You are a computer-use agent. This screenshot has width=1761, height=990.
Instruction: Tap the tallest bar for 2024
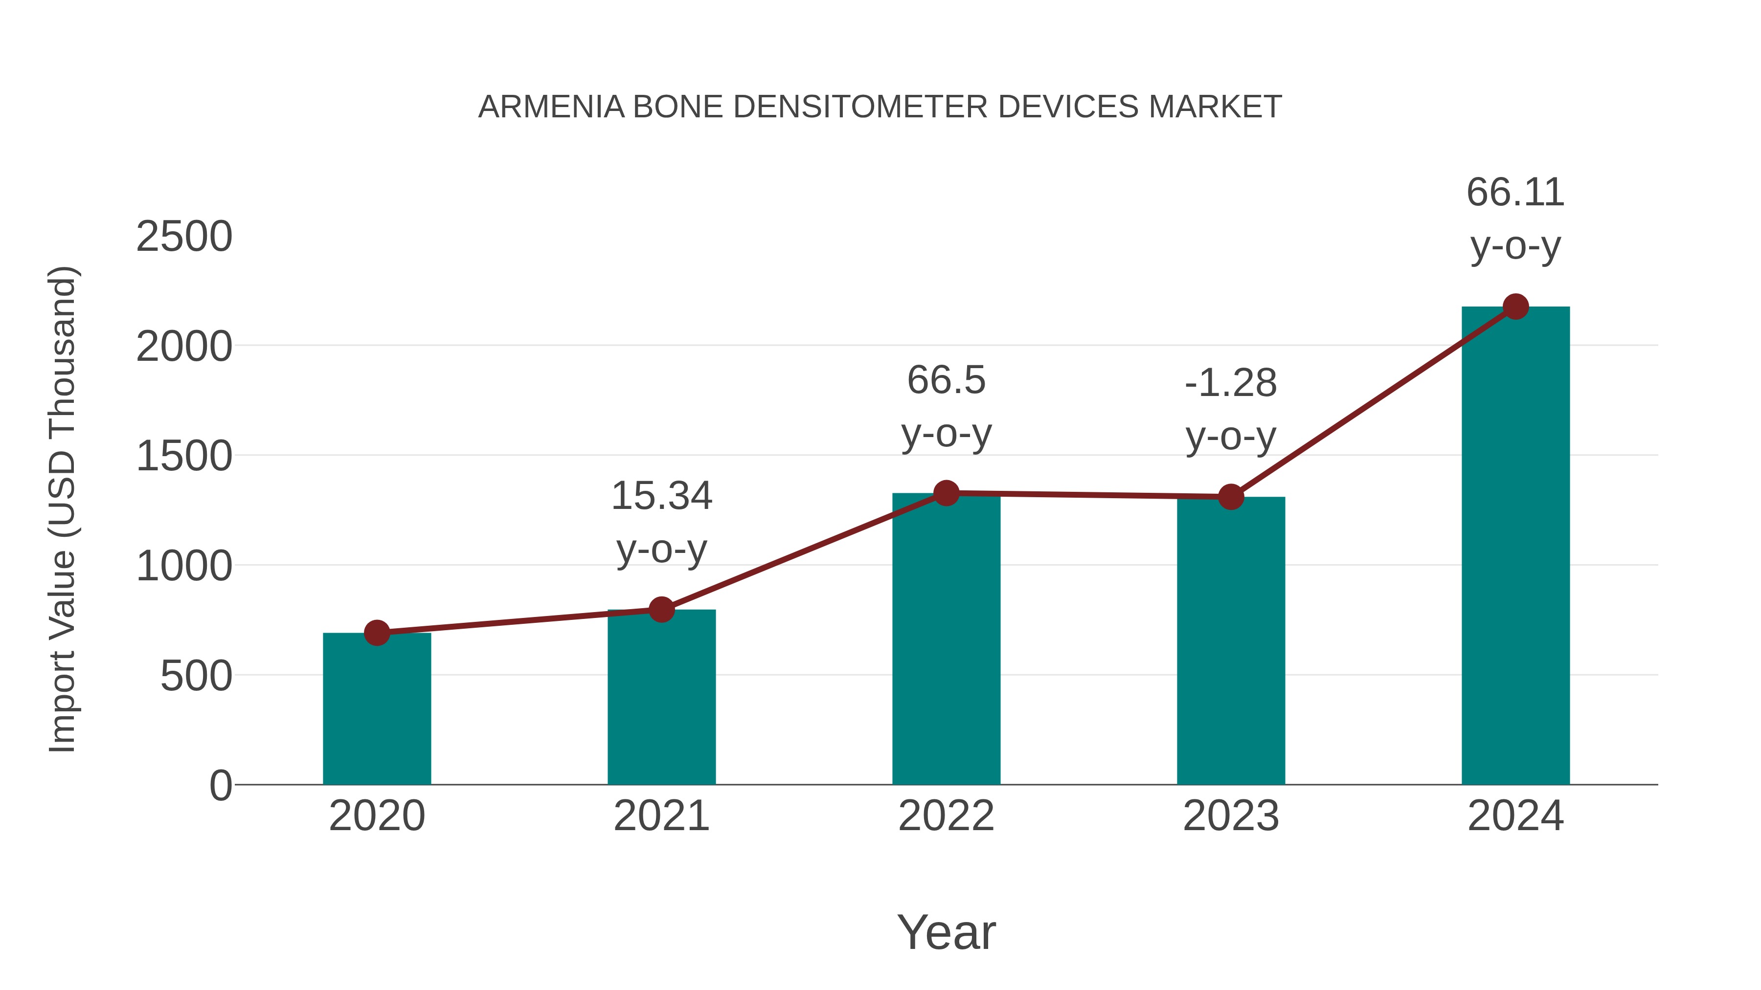click(x=1515, y=547)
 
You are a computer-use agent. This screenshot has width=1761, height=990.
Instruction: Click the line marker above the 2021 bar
click(x=661, y=609)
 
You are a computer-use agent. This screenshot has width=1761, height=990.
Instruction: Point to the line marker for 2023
click(x=1231, y=497)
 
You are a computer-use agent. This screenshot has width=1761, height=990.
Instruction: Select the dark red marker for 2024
click(x=1515, y=307)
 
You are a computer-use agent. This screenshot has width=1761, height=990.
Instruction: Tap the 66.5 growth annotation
click(x=946, y=380)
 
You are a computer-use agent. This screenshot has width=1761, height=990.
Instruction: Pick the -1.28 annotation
click(x=1231, y=383)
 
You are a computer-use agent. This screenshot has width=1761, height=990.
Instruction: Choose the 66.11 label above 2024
click(x=1515, y=192)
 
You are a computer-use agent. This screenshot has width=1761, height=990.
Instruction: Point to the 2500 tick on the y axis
click(x=184, y=237)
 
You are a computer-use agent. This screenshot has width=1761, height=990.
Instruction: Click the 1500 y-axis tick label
click(x=184, y=457)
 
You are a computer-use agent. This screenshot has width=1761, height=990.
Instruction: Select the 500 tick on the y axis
click(x=196, y=677)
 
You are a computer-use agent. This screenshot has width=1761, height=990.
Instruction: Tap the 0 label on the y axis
click(x=220, y=786)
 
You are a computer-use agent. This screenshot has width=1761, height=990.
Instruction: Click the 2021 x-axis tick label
click(x=661, y=816)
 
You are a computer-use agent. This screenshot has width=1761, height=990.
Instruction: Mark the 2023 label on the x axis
click(x=1231, y=816)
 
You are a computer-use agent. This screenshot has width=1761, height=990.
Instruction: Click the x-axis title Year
click(x=946, y=932)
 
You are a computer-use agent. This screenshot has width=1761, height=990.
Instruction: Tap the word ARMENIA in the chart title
click(x=551, y=107)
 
